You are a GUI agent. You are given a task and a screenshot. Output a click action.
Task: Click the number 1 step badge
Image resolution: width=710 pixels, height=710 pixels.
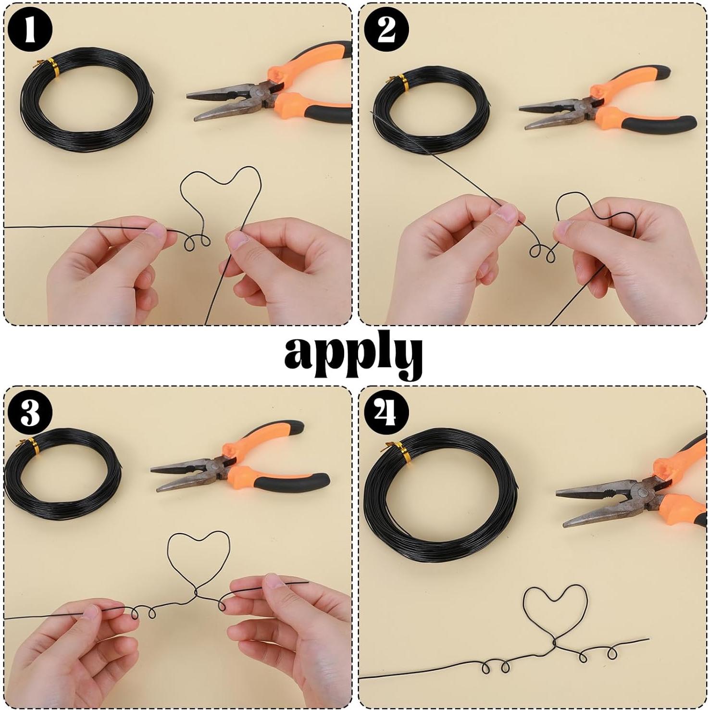30,30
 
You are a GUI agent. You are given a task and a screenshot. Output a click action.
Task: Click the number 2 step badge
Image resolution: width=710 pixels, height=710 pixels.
386,30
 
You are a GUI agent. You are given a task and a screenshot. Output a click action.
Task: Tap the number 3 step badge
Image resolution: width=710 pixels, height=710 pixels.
30,412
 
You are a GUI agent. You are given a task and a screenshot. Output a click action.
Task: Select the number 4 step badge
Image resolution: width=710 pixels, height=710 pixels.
386,412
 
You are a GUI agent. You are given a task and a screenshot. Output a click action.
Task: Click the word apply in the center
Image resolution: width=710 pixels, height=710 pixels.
353,354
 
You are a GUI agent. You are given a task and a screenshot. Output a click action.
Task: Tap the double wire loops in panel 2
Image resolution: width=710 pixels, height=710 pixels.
542,251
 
